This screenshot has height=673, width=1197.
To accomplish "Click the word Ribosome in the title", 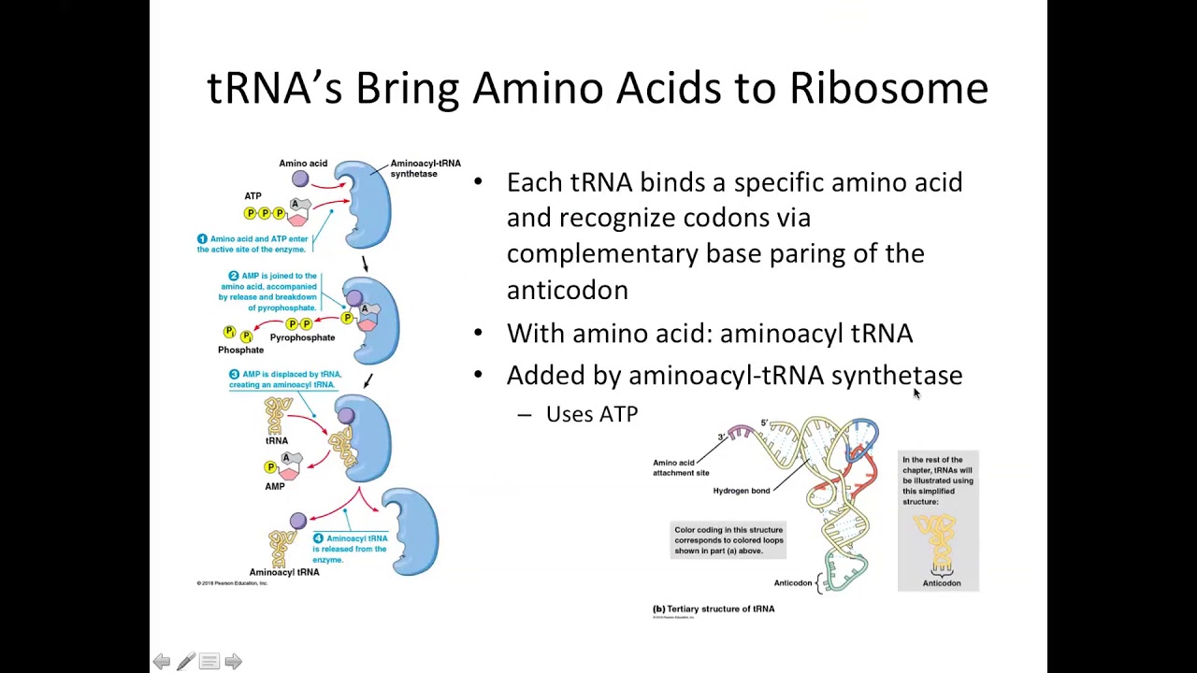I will point(888,89).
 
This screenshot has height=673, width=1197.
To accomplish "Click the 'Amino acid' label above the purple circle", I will point(303,164).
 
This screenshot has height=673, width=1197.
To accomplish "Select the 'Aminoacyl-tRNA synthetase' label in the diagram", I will point(425,168).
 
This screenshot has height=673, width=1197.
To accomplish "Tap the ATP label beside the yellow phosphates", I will point(252,196).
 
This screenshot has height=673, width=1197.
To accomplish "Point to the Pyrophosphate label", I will point(302,337).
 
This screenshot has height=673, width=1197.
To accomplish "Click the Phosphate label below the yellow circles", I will point(240,350).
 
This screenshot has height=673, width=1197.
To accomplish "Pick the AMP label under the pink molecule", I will point(274,486).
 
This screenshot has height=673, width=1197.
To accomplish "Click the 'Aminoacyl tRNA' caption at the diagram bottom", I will point(284,572).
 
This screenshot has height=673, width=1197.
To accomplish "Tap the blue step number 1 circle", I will point(202,239).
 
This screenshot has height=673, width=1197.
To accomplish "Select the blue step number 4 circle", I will point(318,538).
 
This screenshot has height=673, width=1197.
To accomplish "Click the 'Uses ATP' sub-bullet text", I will point(591,414).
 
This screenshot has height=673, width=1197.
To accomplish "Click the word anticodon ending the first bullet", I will point(567,291).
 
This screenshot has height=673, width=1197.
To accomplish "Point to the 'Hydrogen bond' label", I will point(742,491).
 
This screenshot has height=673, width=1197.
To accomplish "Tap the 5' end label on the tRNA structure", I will point(764,423).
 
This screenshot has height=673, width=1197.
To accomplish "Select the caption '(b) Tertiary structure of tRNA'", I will point(714,609).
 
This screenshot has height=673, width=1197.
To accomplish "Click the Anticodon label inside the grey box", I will point(941,583).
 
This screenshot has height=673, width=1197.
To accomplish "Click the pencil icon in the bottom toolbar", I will point(185,662).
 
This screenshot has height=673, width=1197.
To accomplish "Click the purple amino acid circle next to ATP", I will point(300,179).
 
